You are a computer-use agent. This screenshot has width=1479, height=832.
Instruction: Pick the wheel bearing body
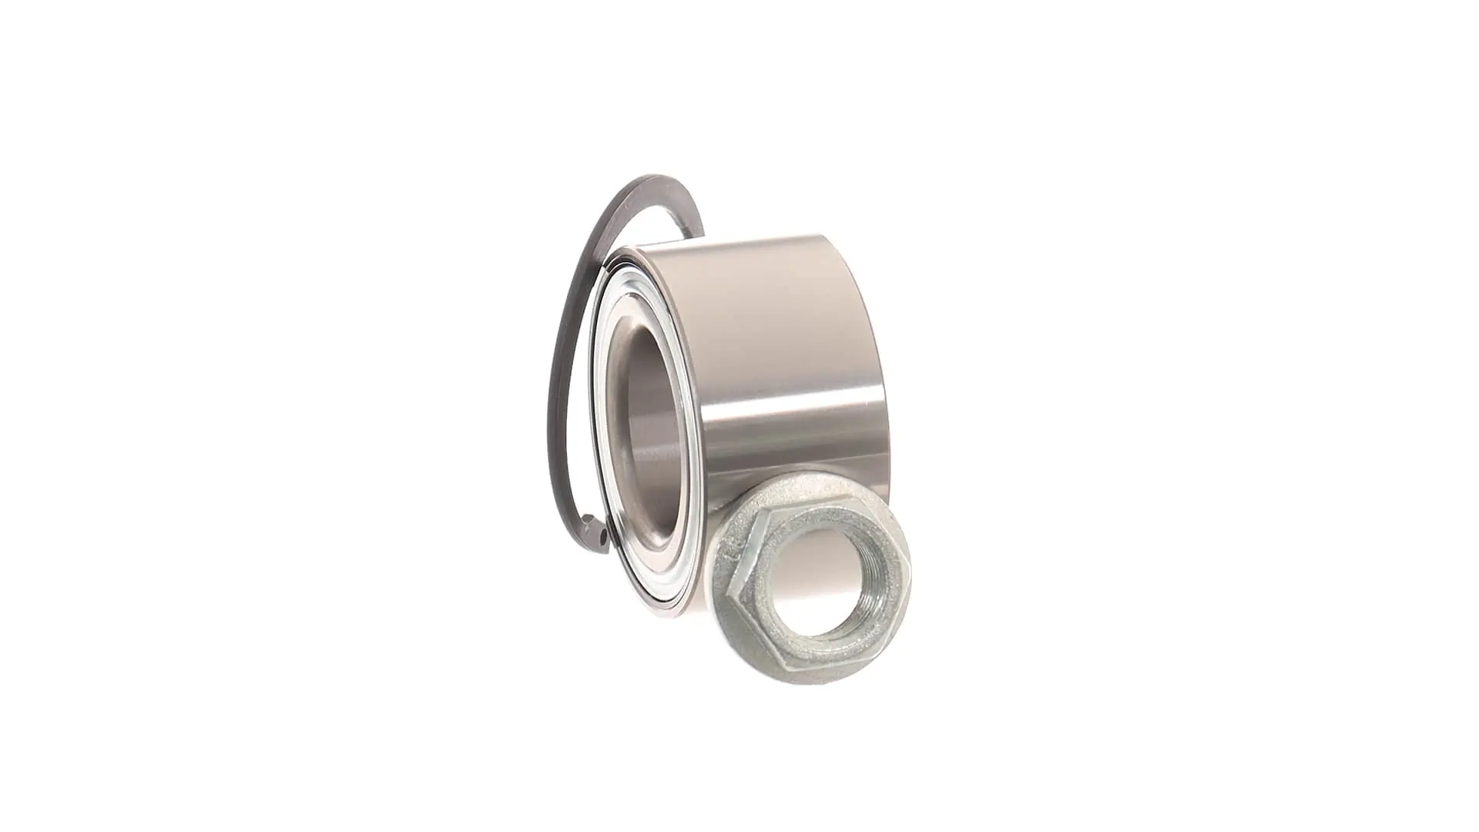739,385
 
